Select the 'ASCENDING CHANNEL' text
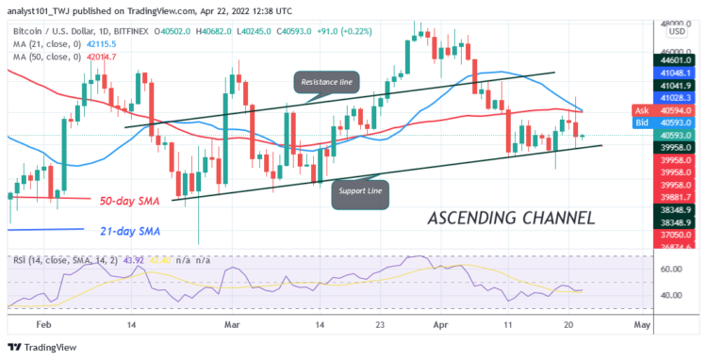pos(510,219)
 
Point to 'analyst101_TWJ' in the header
pos(44,8)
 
